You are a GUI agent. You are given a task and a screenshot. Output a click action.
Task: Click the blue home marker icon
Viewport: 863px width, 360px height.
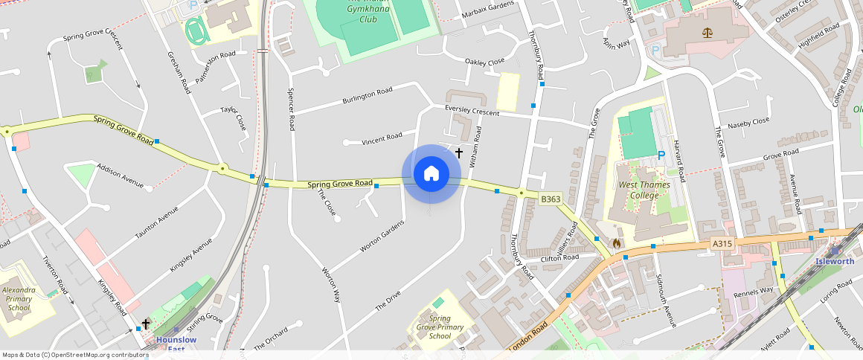point(431,174)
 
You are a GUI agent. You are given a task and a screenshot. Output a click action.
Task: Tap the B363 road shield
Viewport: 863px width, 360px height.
point(551,199)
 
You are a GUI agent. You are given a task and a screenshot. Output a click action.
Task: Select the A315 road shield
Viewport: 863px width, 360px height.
point(721,243)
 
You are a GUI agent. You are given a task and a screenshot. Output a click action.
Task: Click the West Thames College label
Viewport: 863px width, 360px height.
point(644,190)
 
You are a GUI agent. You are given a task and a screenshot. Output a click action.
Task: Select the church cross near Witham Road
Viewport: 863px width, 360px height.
point(459,153)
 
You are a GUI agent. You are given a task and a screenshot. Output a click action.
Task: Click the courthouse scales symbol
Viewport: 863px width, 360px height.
point(706,33)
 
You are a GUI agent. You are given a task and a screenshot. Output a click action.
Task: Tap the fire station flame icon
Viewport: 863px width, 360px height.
point(617,243)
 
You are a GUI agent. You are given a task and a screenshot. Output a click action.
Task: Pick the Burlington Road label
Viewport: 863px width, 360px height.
point(367,96)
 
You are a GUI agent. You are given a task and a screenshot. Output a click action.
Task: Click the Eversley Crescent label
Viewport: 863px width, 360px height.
point(472,111)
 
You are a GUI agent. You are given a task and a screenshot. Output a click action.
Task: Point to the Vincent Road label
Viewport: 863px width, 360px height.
point(382,138)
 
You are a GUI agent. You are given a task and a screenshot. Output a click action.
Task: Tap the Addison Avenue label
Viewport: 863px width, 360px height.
point(120,175)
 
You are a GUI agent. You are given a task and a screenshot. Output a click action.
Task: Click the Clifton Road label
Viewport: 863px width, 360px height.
point(559,258)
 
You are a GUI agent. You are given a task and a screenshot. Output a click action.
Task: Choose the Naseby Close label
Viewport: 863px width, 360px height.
point(749,122)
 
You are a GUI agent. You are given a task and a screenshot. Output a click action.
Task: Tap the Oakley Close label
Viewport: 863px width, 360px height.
point(484,61)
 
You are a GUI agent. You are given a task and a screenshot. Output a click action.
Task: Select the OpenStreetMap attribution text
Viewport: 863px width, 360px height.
point(75,355)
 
